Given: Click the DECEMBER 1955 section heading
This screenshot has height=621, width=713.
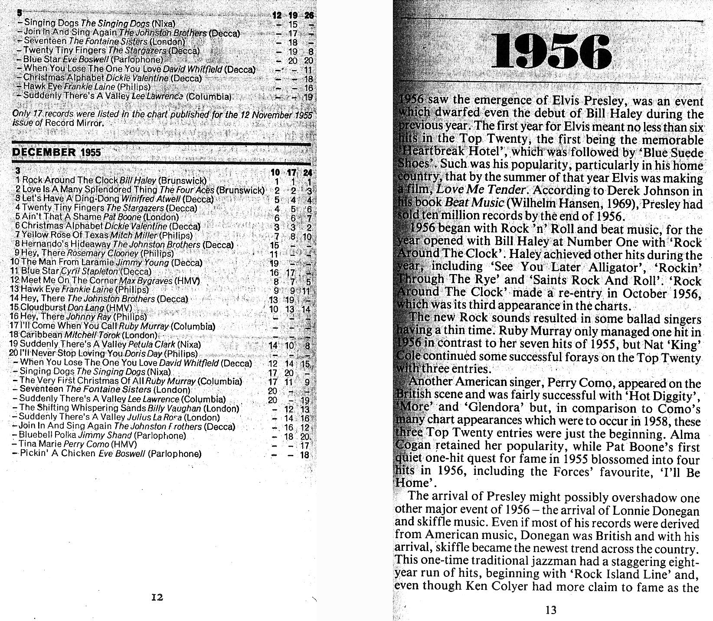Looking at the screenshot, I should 57,152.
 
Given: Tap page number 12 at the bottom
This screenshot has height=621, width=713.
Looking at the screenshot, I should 157,598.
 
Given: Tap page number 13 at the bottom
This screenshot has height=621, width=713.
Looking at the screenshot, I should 551,610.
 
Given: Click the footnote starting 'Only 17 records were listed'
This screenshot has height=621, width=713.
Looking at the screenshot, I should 161,118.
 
